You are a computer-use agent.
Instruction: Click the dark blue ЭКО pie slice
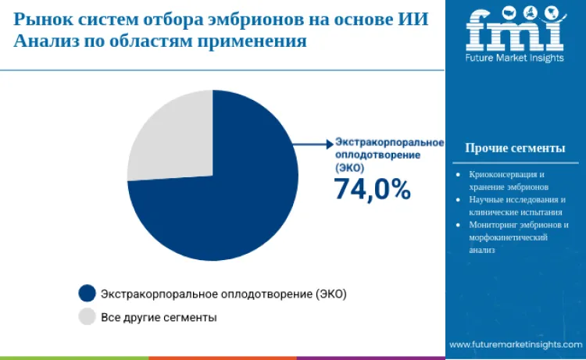click(x=234, y=203)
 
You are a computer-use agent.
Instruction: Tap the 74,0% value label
click(x=372, y=189)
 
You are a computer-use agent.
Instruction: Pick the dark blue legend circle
click(x=87, y=294)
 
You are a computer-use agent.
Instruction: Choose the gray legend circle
click(x=87, y=317)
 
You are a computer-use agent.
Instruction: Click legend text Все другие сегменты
click(x=159, y=318)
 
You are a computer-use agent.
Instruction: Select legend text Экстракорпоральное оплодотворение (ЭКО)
click(x=223, y=294)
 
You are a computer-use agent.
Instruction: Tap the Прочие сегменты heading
click(x=515, y=148)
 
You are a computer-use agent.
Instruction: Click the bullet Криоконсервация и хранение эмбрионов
click(x=507, y=181)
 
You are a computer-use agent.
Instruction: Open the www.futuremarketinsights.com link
click(x=516, y=344)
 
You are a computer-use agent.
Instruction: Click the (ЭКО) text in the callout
click(x=349, y=168)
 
